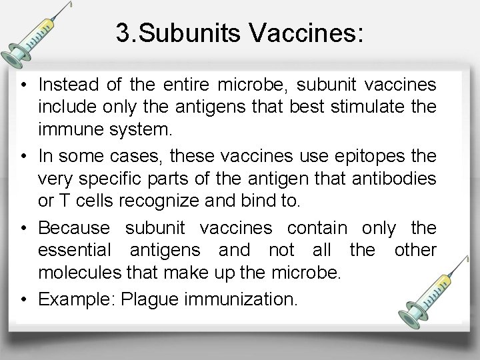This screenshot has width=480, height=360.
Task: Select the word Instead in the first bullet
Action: pyautogui.click(x=65, y=85)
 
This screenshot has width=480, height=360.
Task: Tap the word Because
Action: pyautogui.click(x=71, y=227)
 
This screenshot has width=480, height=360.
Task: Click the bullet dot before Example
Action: pyautogui.click(x=23, y=299)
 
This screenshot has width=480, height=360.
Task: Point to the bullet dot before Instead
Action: pyautogui.click(x=23, y=85)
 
